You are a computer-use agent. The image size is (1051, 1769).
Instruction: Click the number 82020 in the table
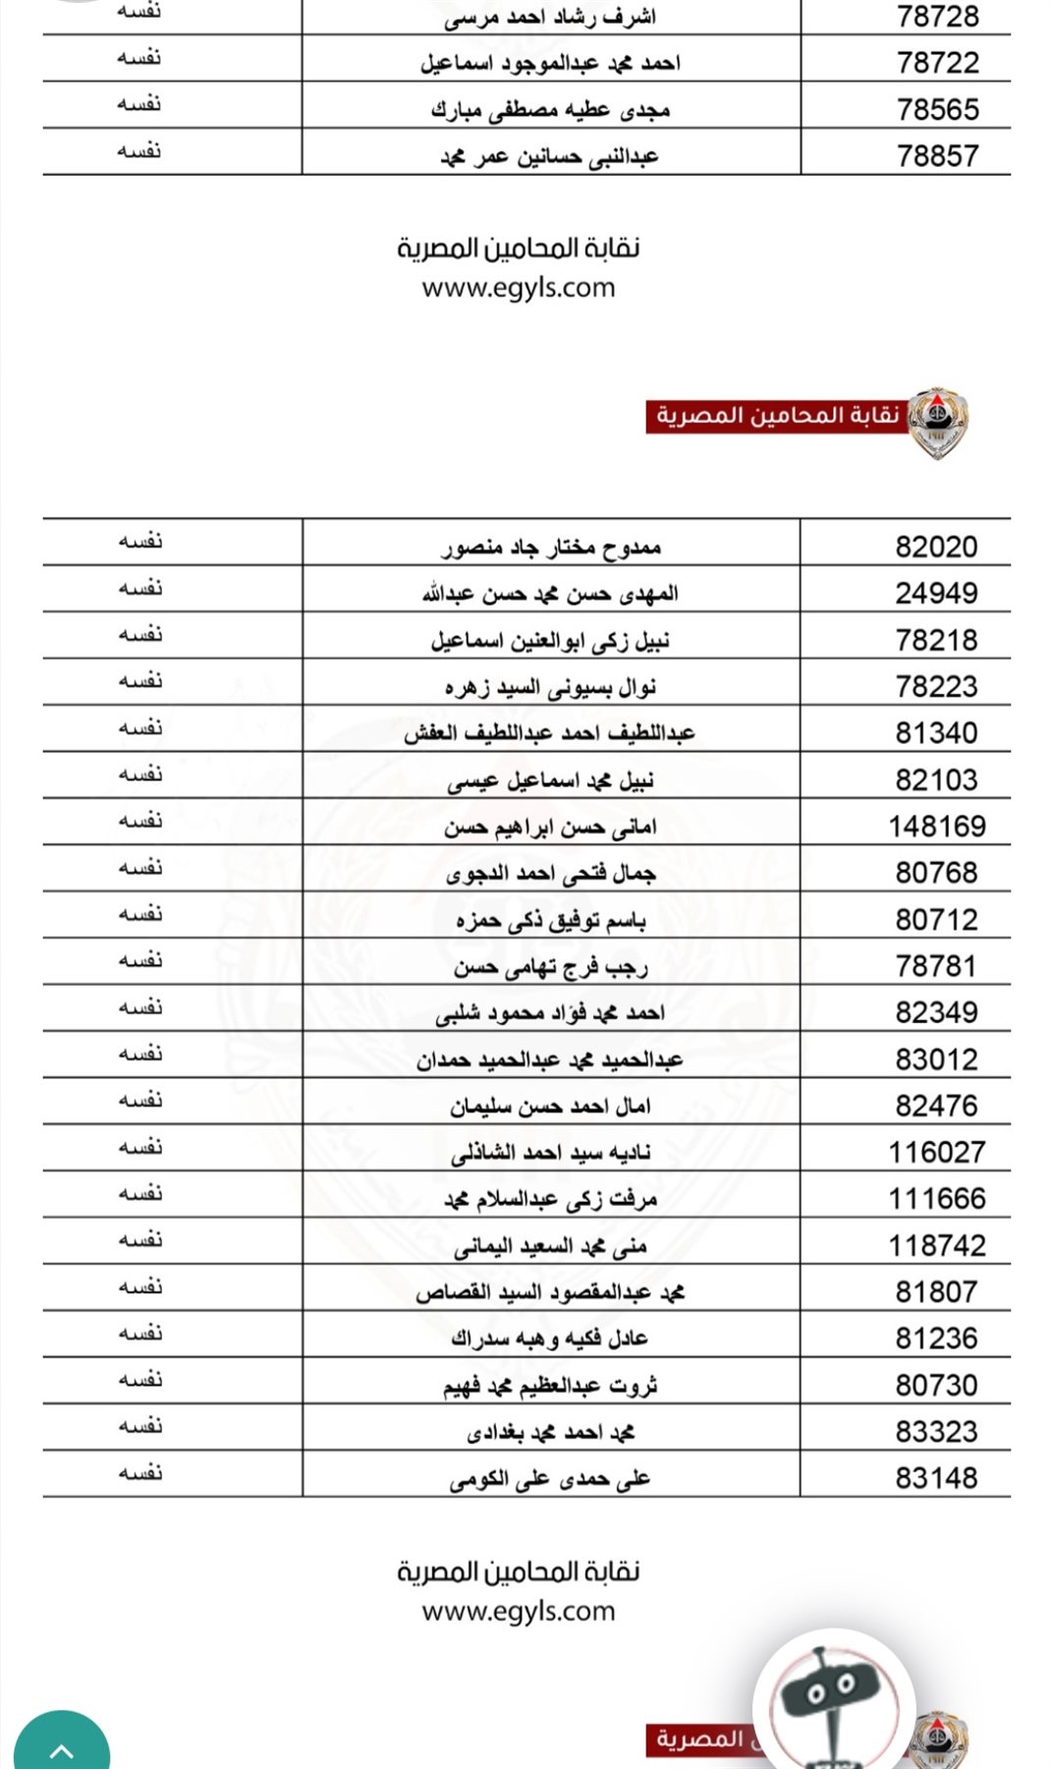(936, 546)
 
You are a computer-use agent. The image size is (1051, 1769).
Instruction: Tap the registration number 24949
(936, 594)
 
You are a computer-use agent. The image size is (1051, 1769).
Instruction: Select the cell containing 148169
(936, 827)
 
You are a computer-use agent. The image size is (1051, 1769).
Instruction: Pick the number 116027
(936, 1152)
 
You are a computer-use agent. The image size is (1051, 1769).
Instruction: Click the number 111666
(936, 1199)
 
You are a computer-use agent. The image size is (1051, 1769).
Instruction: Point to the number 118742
(936, 1245)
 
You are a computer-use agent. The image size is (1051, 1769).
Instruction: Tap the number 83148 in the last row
(936, 1478)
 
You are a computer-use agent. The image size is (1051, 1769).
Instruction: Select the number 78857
(937, 156)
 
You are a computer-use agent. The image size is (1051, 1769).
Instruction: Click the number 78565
(937, 109)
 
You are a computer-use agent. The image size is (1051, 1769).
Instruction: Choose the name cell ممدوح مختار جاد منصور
(550, 546)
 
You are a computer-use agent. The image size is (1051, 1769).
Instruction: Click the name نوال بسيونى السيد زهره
(550, 687)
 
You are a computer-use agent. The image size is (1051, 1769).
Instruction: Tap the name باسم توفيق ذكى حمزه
(550, 920)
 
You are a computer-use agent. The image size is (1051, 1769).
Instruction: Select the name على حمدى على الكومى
(550, 1478)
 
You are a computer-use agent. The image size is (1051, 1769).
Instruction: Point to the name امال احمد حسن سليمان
(550, 1106)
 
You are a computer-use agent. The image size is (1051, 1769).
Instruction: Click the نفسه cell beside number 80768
(140, 868)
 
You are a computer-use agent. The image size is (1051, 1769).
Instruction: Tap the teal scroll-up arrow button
(61, 1744)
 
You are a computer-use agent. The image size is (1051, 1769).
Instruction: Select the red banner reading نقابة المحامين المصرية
(776, 416)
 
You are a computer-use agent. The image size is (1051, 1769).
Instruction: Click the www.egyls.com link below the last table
(518, 1612)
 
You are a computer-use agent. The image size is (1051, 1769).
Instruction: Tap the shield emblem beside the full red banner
(937, 422)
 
